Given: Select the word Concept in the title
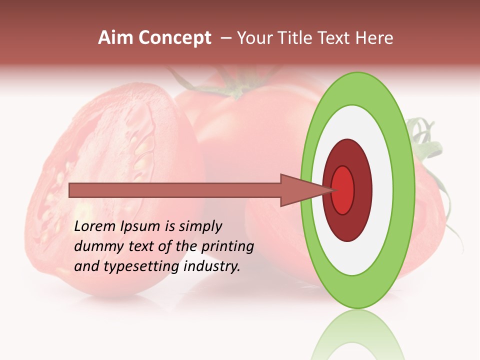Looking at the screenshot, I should (x=174, y=38).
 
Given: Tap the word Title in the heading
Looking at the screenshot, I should (x=296, y=38).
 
